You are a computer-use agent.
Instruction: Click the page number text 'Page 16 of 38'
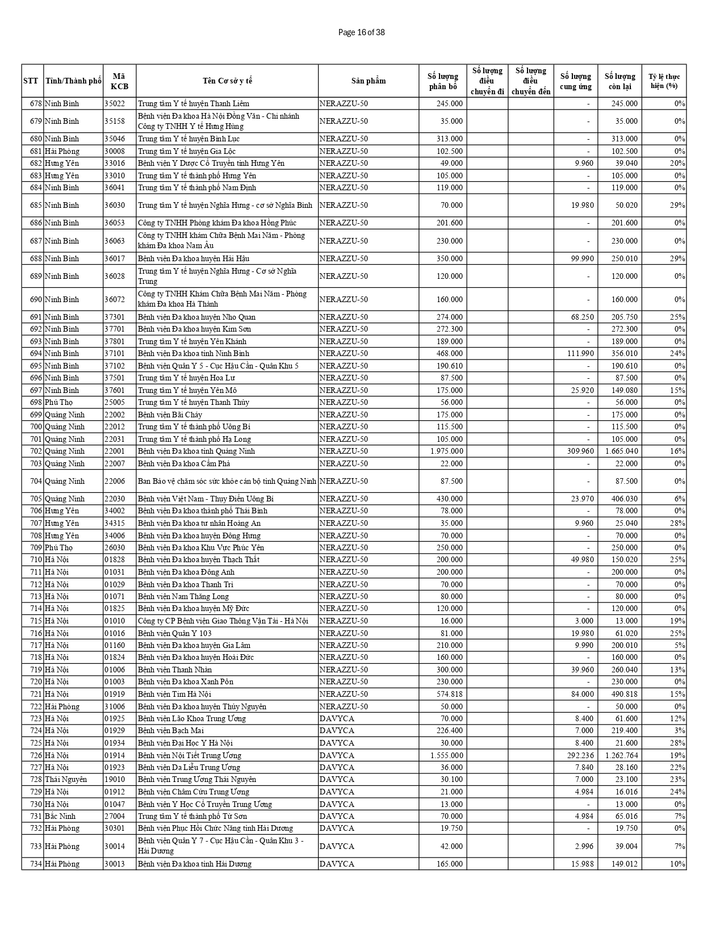[361, 32]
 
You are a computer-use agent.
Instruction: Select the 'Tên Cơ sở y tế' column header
[227, 81]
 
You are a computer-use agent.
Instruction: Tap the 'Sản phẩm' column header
[369, 81]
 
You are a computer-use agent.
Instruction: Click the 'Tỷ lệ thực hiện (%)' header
[664, 81]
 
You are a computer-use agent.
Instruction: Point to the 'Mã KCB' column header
[119, 81]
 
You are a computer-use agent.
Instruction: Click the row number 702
[36, 451]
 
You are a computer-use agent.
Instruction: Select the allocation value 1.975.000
[446, 451]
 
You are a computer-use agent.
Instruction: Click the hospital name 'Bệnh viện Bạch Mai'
[170, 730]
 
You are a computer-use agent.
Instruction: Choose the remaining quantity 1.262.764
[621, 755]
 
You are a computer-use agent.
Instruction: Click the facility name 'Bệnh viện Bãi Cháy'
[170, 415]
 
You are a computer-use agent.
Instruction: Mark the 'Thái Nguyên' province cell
[66, 779]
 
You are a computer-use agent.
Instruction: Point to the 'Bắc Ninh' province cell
[60, 816]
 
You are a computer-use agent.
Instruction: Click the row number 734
[36, 864]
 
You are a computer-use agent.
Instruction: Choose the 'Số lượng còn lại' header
[620, 81]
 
